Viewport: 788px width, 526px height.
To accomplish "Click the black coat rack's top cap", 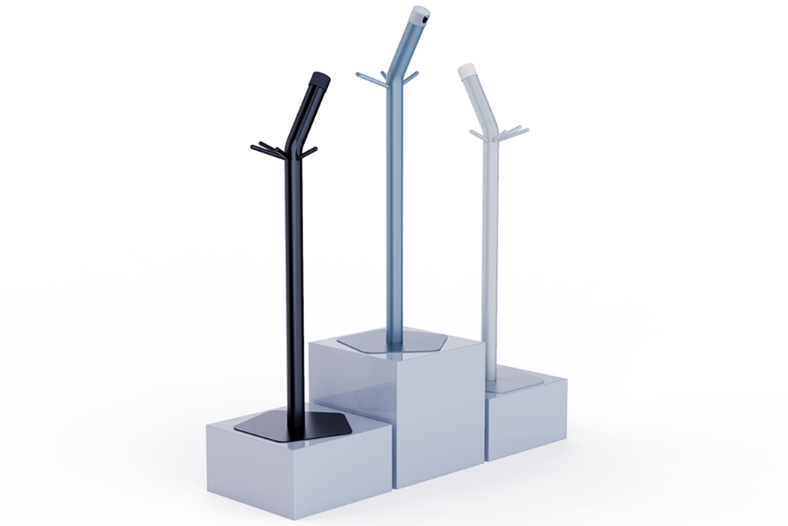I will (x=320, y=78).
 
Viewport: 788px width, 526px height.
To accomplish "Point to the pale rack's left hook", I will (x=477, y=135).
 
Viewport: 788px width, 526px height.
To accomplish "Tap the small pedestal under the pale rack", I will (x=525, y=421).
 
